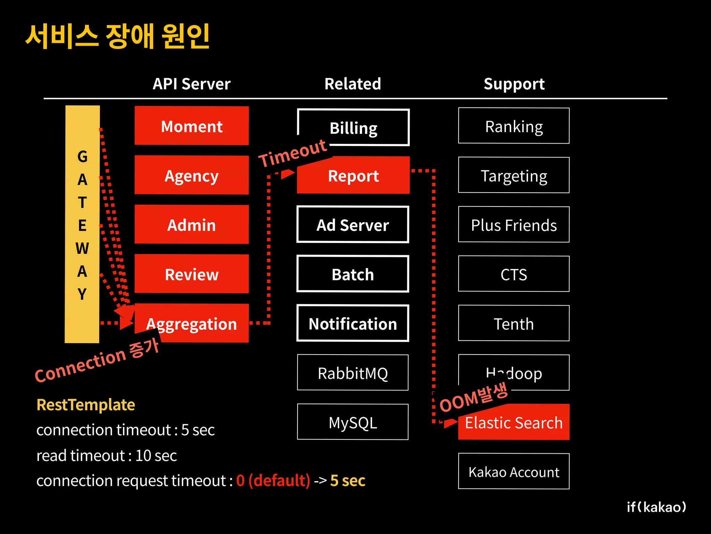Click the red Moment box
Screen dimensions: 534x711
click(192, 126)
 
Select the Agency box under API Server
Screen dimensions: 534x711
click(192, 175)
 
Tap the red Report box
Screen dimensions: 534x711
click(353, 176)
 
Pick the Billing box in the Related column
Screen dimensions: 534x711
click(353, 128)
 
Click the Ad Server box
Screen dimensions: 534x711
click(353, 225)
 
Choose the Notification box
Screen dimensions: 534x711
click(353, 323)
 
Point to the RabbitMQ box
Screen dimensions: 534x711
click(353, 373)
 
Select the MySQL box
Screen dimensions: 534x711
click(353, 422)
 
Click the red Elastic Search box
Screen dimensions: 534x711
click(514, 422)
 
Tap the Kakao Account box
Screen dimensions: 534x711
click(514, 471)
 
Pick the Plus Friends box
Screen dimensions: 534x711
click(514, 225)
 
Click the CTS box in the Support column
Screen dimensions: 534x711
click(514, 274)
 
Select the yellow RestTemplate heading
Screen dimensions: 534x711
click(86, 405)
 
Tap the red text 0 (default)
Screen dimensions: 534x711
click(273, 480)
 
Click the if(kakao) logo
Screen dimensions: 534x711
click(656, 507)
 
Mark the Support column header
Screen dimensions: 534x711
click(514, 84)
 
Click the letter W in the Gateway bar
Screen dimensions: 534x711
click(82, 248)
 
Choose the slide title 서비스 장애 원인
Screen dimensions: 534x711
click(118, 36)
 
